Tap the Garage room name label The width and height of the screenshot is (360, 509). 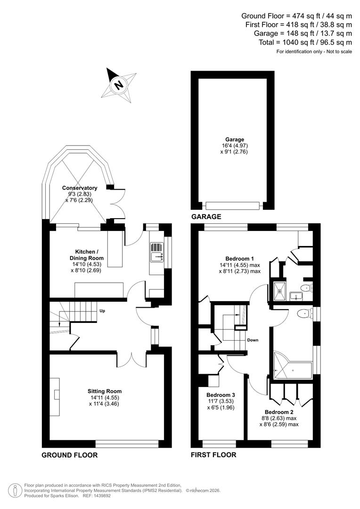point(234,140)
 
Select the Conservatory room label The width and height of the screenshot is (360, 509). point(79,188)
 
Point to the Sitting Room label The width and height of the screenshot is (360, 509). point(105,391)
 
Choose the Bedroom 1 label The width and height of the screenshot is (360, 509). point(239,258)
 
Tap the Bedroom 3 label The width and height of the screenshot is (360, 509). point(221,395)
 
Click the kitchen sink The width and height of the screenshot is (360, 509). point(155,256)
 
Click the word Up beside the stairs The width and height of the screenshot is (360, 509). point(102,311)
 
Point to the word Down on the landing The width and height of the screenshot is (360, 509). point(252,340)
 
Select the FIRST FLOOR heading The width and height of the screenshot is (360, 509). point(213,455)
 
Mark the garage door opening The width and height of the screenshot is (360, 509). point(233,205)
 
